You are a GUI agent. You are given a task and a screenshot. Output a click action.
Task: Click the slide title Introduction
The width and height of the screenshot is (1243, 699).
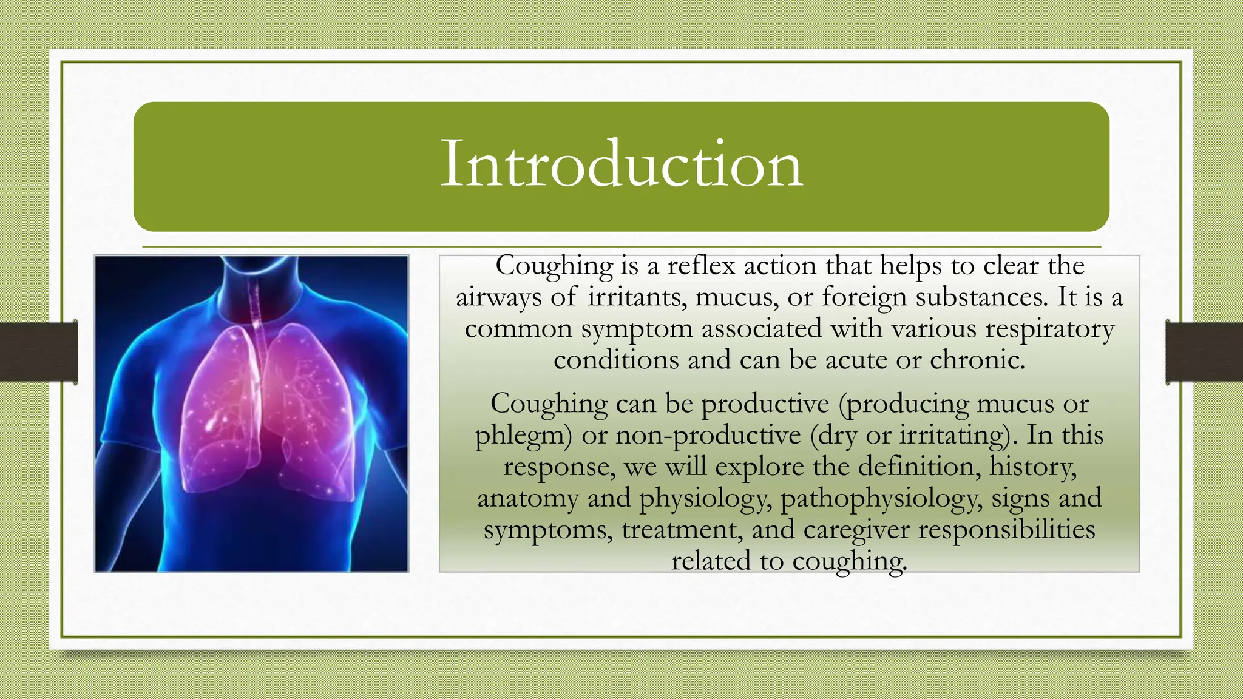click(621, 164)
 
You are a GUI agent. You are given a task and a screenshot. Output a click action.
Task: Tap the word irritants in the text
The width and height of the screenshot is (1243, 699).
click(637, 297)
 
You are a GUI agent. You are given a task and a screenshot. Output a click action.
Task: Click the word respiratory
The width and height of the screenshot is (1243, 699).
click(1049, 329)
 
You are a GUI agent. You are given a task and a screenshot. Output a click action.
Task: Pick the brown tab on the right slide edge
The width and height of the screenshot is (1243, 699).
click(1204, 352)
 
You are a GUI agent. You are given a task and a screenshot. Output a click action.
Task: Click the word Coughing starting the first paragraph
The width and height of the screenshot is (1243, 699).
click(554, 266)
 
